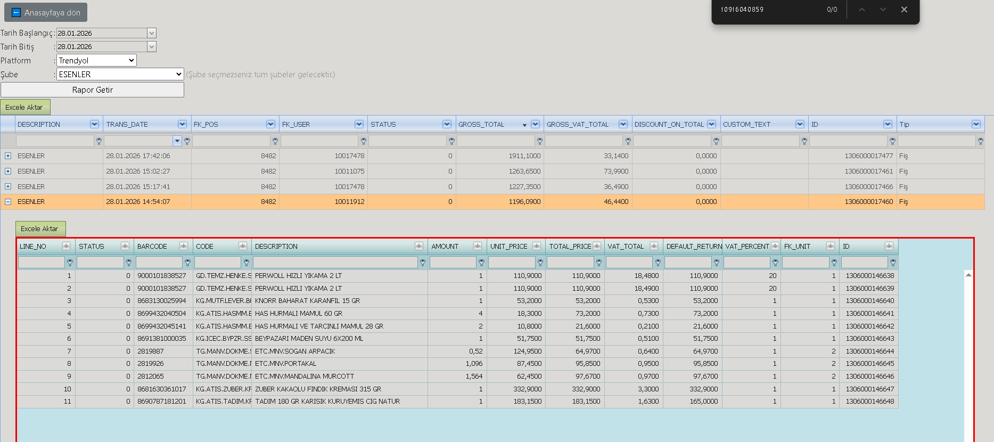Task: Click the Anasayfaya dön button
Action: coord(46,12)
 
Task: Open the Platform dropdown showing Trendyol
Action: coord(96,61)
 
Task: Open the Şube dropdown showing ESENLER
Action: coord(120,75)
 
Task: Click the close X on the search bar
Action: coord(904,10)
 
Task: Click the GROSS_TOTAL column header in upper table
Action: coord(481,125)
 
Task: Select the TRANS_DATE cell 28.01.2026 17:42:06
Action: coord(138,156)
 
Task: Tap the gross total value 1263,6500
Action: coord(524,171)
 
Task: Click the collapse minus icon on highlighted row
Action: coord(8,202)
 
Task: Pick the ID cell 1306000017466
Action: coord(868,187)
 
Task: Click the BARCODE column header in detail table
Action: coord(152,247)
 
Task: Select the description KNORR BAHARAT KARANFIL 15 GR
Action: coord(307,301)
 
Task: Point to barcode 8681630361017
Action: coord(162,389)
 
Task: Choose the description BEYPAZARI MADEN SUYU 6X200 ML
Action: coord(309,339)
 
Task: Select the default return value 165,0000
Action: coord(704,402)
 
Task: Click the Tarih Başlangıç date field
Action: coord(102,33)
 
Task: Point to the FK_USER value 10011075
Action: coord(349,171)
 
